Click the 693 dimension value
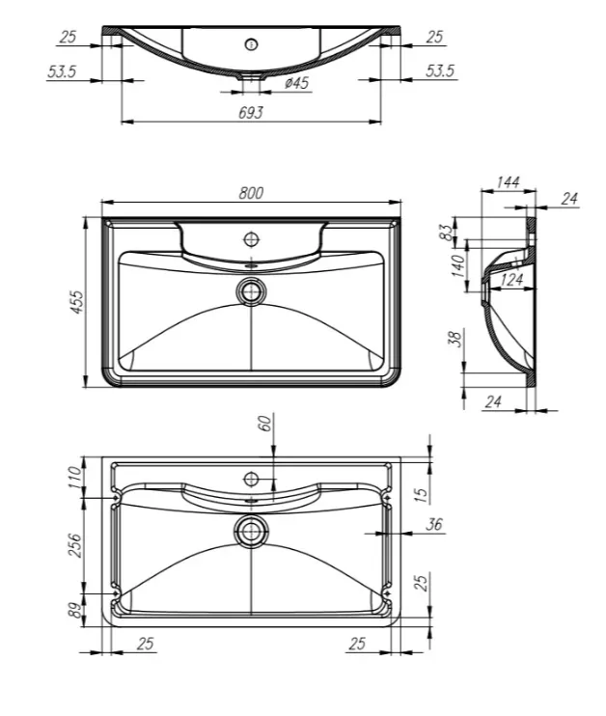pos(251,112)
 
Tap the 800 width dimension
pos(251,193)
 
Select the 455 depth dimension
pos(77,302)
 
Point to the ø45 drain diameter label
pos(297,83)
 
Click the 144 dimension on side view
pos(508,181)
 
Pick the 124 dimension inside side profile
pos(511,279)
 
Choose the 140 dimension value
pos(457,265)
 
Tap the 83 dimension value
pos(448,230)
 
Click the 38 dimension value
pos(456,339)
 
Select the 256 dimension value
pos(74,545)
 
